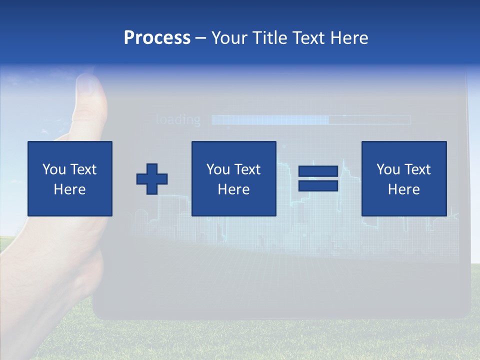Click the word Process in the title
pyautogui.click(x=157, y=38)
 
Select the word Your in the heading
pyautogui.click(x=230, y=38)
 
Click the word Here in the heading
pyautogui.click(x=348, y=38)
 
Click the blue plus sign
pyautogui.click(x=152, y=179)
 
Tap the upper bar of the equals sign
pyautogui.click(x=318, y=171)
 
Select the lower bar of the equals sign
pyautogui.click(x=318, y=185)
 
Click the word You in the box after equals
pyautogui.click(x=388, y=169)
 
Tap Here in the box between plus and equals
pyautogui.click(x=233, y=189)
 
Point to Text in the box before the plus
pyautogui.click(x=83, y=169)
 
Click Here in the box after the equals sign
pyautogui.click(x=403, y=189)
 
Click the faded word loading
pyautogui.click(x=178, y=120)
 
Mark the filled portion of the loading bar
pyautogui.click(x=270, y=120)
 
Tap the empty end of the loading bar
pyautogui.click(x=370, y=120)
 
